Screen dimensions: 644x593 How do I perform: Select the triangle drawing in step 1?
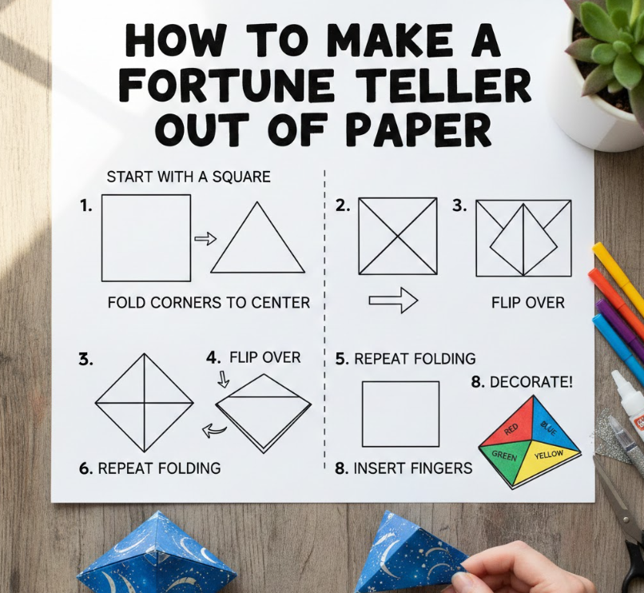click(257, 237)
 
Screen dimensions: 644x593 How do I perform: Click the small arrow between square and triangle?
click(205, 238)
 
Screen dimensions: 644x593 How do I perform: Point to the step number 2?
click(343, 206)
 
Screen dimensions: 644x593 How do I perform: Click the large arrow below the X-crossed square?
click(393, 300)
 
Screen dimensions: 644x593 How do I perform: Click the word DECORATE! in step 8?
click(531, 382)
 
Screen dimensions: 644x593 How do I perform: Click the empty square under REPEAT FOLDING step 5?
click(401, 414)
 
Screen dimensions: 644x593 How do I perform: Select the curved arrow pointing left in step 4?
click(214, 430)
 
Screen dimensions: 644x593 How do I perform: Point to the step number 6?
click(85, 468)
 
